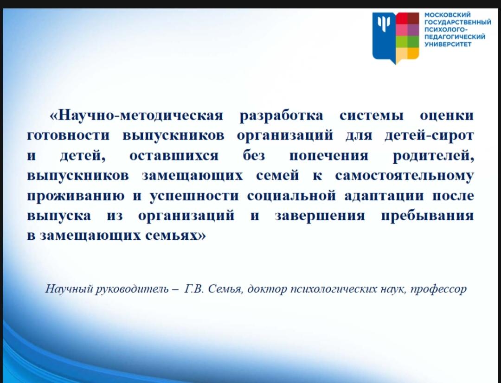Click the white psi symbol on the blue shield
(x=384, y=23)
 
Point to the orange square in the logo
(x=413, y=53)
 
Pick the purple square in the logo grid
(x=413, y=30)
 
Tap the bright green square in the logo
(x=402, y=42)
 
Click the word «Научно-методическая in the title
(x=136, y=115)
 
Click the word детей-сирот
(x=429, y=136)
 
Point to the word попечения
(x=329, y=156)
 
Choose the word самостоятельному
(x=404, y=176)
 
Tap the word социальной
(x=291, y=196)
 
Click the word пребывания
(x=428, y=216)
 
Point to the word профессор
(x=438, y=289)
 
